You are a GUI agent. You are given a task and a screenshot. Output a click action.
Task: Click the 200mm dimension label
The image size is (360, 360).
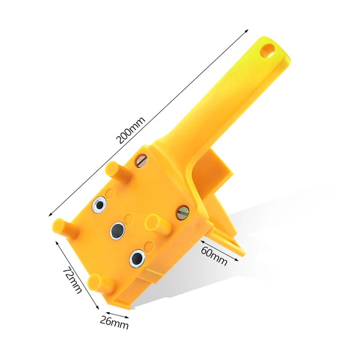(x=130, y=130)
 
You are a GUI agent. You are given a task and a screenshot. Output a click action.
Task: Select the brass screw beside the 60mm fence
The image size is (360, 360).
(x=183, y=212)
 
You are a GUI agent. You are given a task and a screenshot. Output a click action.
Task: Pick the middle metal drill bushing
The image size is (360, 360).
(x=117, y=230)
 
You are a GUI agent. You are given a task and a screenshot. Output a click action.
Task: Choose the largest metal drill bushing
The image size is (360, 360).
(x=137, y=258)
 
